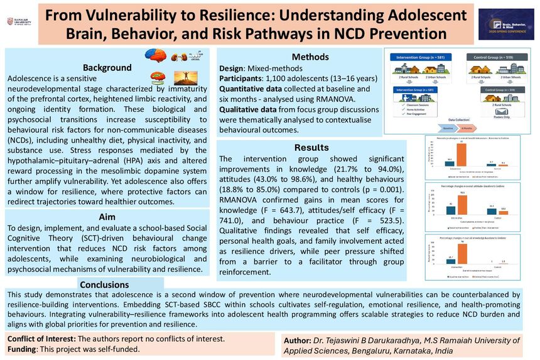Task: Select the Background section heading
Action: tap(107, 68)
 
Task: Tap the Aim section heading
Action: tap(107, 215)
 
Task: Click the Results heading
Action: tap(311, 148)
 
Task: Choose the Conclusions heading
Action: tap(104, 285)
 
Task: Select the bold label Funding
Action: tap(26, 349)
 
